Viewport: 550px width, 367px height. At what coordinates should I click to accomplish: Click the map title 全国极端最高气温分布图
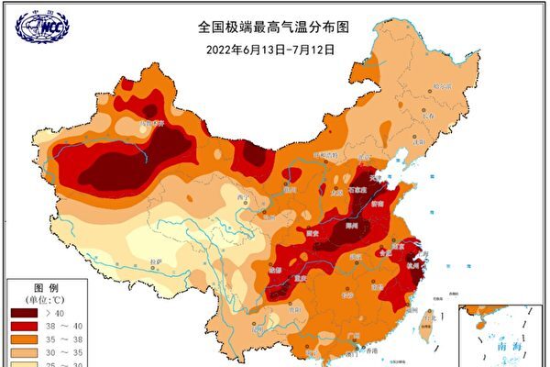click(276, 28)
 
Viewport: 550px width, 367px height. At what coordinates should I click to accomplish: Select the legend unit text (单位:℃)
click(35, 298)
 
